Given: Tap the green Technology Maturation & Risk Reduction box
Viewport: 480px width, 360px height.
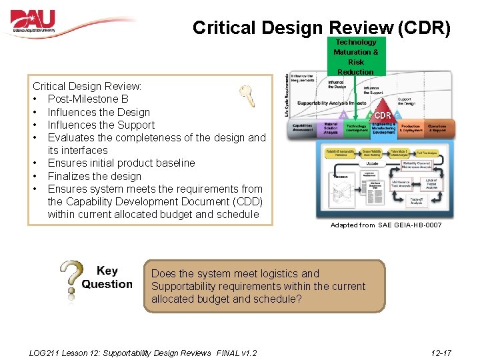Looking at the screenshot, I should click(355, 57).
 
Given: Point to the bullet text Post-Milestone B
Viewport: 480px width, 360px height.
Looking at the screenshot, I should click(88, 99).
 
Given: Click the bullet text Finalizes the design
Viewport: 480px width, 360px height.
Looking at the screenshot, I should click(95, 176).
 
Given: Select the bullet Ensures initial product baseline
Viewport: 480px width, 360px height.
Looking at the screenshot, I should click(121, 163).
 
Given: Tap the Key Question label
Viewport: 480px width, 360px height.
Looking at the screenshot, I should click(107, 277).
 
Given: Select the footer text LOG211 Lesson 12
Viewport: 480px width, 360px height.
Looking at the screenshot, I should click(80, 353).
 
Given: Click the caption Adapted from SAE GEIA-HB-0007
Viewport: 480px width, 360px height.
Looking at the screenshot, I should click(386, 225).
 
